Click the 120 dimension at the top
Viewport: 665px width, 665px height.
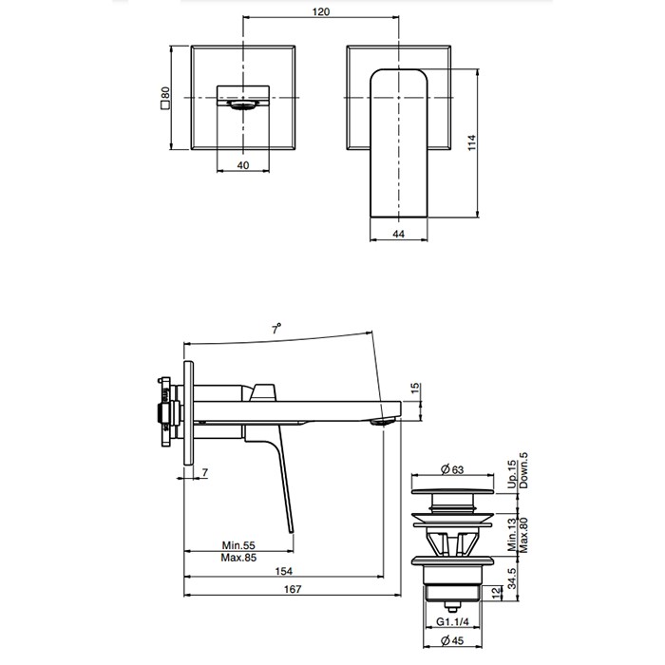point(321,12)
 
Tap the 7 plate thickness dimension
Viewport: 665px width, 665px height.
point(204,472)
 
